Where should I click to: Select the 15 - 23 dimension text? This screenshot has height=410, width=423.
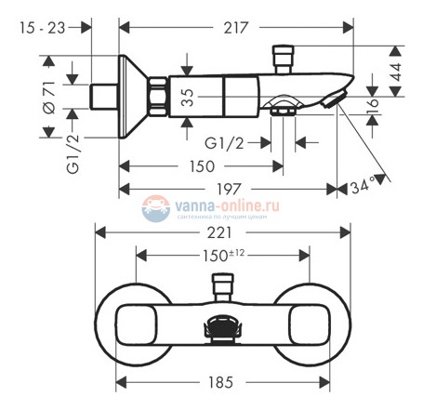44,28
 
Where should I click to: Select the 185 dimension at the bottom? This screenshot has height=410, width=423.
221,382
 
